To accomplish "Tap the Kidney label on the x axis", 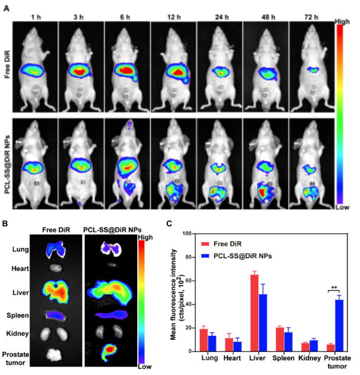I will click(x=309, y=358).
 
